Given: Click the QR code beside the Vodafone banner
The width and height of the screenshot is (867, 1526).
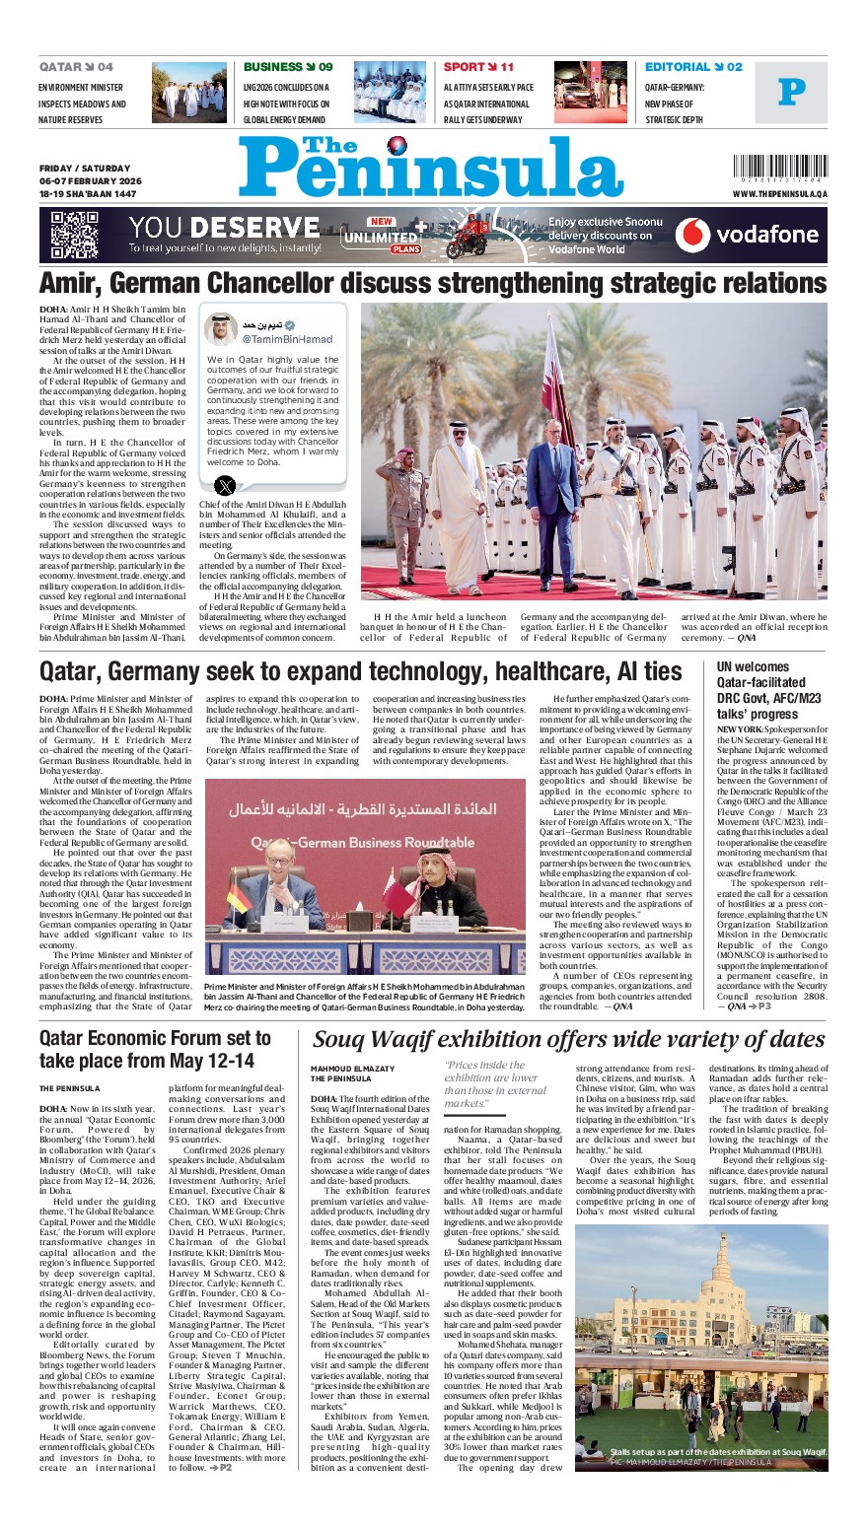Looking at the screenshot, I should (x=75, y=235).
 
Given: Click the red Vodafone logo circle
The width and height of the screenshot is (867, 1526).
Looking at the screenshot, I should (x=692, y=235).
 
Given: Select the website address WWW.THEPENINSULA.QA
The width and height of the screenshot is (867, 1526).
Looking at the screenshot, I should (x=779, y=194).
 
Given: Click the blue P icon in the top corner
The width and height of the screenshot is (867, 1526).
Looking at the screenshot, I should (x=791, y=93).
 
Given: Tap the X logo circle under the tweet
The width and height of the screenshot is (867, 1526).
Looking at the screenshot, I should (x=226, y=484).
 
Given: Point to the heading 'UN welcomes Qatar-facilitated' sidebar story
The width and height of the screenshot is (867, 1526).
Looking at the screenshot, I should (x=760, y=682).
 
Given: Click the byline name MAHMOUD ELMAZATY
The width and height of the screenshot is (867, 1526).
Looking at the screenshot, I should (x=352, y=1069).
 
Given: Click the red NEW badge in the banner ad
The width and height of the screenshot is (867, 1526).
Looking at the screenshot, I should (x=382, y=222).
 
